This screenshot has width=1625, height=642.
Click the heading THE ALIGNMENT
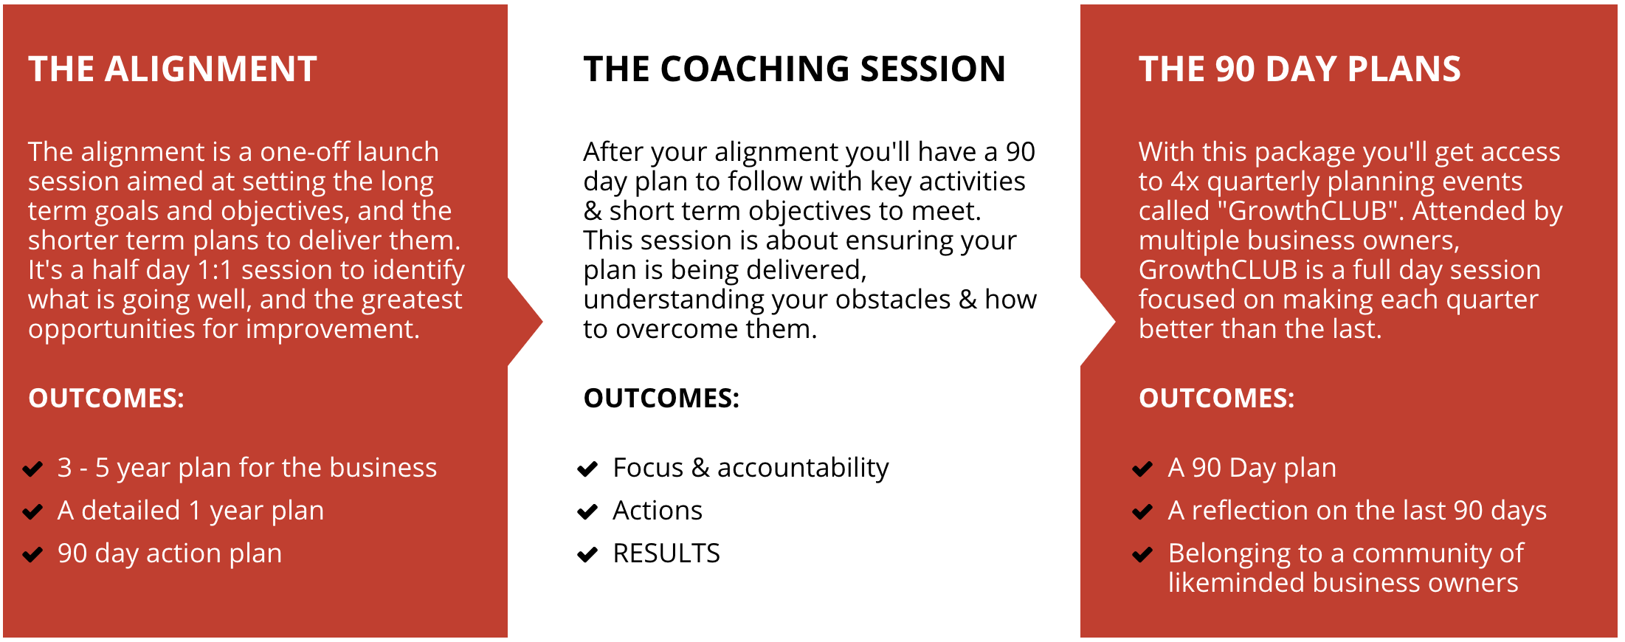[173, 69]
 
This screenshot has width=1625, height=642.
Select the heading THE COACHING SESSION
[795, 69]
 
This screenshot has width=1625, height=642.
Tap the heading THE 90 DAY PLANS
[1300, 69]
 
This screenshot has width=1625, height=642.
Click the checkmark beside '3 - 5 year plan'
[32, 469]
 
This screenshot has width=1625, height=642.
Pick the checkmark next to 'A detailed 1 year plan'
[32, 512]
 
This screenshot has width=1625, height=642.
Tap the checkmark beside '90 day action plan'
[32, 555]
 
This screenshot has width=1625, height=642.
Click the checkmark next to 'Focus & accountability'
[587, 469]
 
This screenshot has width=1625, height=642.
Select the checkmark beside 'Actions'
[587, 512]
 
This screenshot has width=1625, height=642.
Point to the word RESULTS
[666, 553]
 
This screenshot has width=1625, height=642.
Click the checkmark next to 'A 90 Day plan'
[1142, 469]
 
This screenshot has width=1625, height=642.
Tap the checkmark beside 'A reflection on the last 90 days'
[1142, 512]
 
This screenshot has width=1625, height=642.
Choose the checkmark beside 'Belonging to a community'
[1142, 555]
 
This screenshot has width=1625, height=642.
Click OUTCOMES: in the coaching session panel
[661, 398]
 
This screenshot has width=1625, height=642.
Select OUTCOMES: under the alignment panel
[106, 398]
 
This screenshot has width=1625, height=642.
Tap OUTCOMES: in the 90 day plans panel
[1216, 398]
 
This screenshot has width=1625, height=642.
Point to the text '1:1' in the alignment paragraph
[215, 270]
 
